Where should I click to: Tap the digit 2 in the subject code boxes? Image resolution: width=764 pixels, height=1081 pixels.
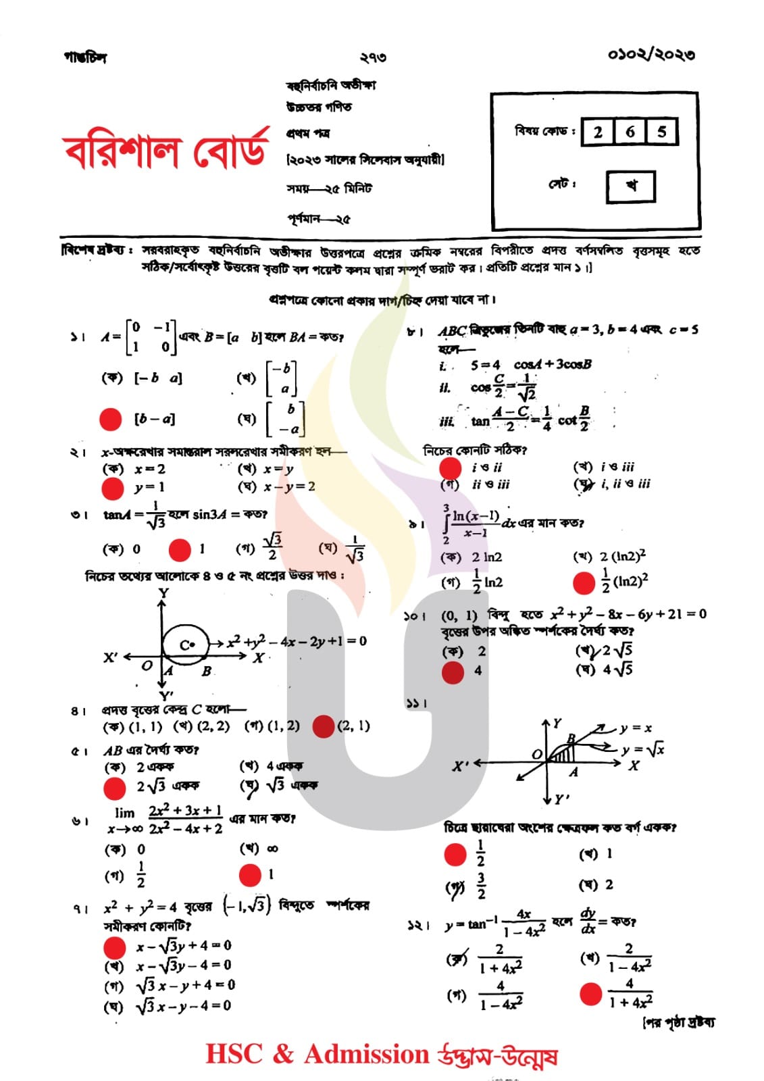(598, 132)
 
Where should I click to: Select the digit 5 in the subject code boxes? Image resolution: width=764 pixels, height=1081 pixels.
(662, 132)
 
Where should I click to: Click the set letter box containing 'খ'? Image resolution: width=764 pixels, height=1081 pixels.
(631, 186)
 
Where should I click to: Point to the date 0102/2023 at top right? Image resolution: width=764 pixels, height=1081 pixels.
(651, 55)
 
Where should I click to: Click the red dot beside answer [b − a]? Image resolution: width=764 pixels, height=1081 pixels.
(110, 419)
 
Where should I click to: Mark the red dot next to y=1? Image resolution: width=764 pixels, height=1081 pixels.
(112, 488)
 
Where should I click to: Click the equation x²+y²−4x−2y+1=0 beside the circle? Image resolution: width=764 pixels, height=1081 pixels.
(297, 641)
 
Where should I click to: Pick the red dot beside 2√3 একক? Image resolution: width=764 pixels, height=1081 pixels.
(113, 788)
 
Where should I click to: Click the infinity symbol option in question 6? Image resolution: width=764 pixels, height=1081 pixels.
(272, 849)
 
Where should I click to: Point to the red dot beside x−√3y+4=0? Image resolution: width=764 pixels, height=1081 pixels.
(114, 947)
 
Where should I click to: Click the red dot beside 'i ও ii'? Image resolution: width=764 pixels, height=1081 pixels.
(450, 468)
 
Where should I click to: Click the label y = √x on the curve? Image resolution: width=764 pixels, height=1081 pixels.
(643, 749)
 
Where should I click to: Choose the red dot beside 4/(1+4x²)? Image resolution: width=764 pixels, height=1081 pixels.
(590, 994)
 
